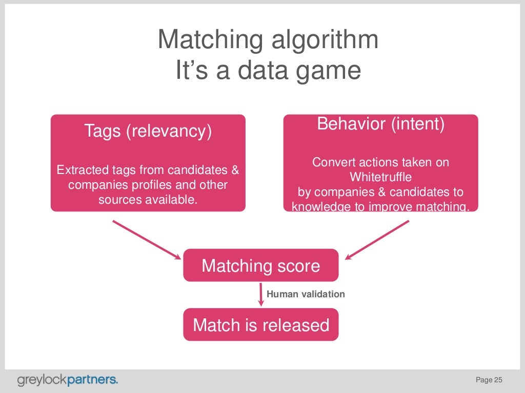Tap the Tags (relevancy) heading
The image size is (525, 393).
[x=148, y=131]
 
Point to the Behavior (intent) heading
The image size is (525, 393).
[x=380, y=124]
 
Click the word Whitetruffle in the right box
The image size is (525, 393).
[x=380, y=178]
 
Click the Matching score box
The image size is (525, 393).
[x=260, y=266]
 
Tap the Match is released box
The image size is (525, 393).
[x=260, y=325]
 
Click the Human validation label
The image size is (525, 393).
[x=306, y=294]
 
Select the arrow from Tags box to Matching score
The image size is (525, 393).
[x=146, y=239]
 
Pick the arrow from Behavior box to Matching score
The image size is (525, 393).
[x=377, y=239]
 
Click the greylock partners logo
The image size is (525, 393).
[x=68, y=380]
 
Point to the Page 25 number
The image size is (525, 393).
[x=489, y=380]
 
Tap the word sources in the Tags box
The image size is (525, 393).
[x=117, y=199]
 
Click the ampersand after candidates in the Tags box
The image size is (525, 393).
[x=234, y=170]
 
